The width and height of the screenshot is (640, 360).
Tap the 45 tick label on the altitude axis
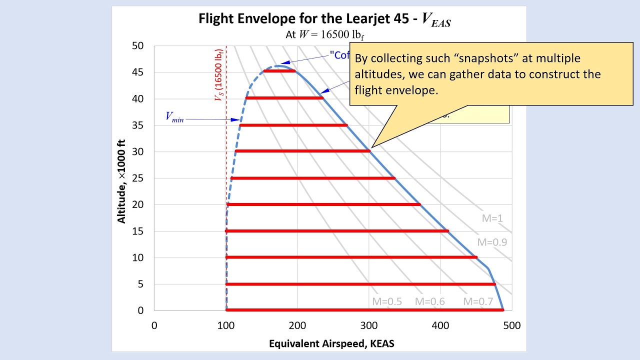[x=137, y=72]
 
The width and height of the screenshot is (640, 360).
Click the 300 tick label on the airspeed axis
[x=369, y=325]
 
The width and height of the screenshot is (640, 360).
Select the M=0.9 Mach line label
[x=492, y=242]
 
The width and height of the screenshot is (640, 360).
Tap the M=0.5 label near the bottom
[x=386, y=301]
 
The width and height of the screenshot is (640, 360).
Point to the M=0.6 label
[x=429, y=301]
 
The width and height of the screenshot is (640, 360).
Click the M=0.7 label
[x=478, y=301]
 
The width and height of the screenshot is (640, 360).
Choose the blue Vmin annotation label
[x=174, y=117]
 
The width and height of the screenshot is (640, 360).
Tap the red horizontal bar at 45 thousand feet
[x=279, y=71]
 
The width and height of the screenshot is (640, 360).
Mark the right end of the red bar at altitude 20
[x=419, y=204]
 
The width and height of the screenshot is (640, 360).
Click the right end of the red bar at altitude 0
[x=502, y=310]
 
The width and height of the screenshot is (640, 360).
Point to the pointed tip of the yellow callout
[x=370, y=147]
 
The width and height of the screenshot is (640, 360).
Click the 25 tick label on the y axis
[x=137, y=178]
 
